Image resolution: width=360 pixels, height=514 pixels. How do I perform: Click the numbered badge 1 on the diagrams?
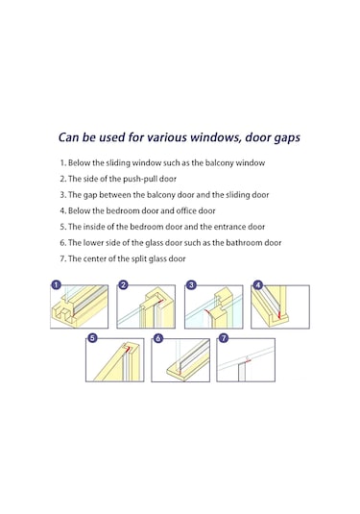point(56,285)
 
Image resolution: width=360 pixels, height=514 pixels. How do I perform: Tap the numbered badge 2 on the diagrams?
point(123,285)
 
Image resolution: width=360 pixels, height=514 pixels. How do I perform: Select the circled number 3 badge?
point(191,285)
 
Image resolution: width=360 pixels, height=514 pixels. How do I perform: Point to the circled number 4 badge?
point(258,285)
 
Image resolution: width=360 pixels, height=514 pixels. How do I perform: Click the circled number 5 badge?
point(93,337)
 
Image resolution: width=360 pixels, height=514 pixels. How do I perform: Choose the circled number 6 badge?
point(158,337)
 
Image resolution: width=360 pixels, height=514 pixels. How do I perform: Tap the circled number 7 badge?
point(224,337)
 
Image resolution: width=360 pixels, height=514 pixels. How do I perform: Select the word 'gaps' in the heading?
point(287,138)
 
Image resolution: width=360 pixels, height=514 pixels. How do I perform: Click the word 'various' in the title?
point(167,137)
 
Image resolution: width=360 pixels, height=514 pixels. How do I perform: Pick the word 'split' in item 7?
point(139,259)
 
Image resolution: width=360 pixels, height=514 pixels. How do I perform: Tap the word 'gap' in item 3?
point(89,195)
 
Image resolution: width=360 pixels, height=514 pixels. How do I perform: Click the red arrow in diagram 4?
point(279,315)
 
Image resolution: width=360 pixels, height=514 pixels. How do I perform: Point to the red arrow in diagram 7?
point(248,361)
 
